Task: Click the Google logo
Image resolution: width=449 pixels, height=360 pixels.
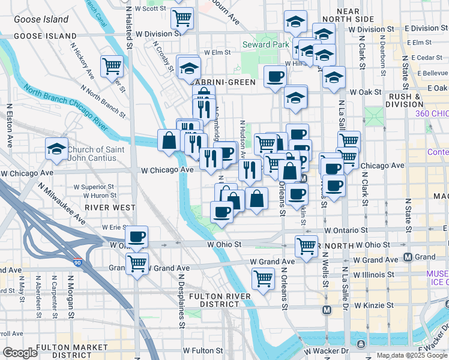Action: [19, 353]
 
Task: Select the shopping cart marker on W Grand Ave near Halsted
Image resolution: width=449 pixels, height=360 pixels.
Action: [137, 262]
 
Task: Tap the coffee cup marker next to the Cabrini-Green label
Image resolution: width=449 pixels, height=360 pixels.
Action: [275, 76]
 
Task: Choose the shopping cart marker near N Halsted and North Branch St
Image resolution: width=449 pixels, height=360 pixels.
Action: [112, 66]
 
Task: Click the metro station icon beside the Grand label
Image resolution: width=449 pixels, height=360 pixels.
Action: [408, 257]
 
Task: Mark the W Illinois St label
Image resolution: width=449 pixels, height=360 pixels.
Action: [373, 274]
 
